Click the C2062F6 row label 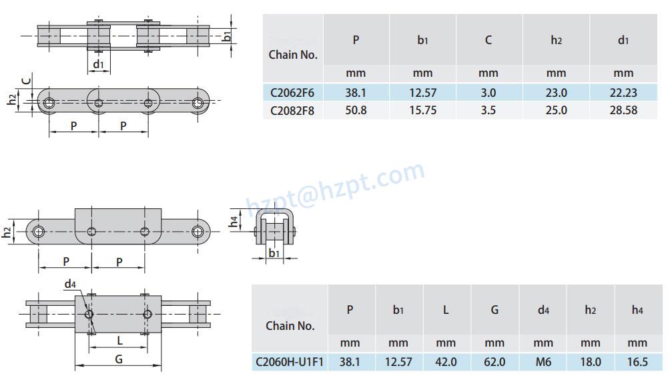(x=292, y=93)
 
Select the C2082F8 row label (x=292, y=110)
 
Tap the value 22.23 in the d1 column (x=623, y=93)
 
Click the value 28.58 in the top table (x=623, y=110)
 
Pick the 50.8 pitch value (x=356, y=110)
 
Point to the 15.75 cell (x=422, y=110)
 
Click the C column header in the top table (x=488, y=40)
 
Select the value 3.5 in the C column (x=488, y=110)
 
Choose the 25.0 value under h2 (x=556, y=110)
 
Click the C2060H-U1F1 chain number (x=290, y=362)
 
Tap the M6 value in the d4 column (x=543, y=362)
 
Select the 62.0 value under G (x=494, y=362)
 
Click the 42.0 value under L (x=446, y=362)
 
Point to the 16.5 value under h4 (x=638, y=362)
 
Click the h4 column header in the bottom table (x=638, y=311)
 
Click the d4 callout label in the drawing (x=70, y=284)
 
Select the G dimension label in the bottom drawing (x=118, y=359)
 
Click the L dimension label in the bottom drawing (x=119, y=341)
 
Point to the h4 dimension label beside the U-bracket (x=233, y=220)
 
